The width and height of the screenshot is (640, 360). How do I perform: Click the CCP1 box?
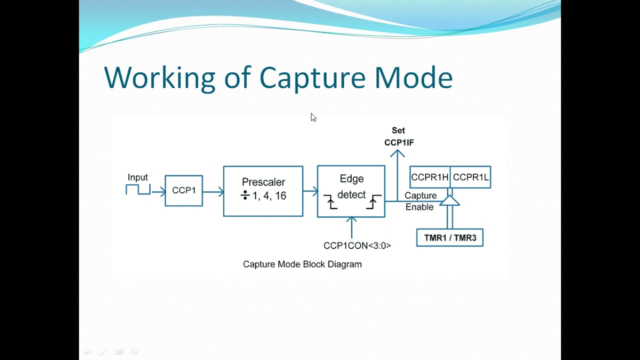(x=183, y=190)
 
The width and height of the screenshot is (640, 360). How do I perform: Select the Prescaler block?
(x=263, y=191)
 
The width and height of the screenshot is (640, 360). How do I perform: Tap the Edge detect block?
(x=351, y=191)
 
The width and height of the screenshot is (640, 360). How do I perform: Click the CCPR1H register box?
(x=429, y=177)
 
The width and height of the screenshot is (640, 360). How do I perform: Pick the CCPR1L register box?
(x=470, y=177)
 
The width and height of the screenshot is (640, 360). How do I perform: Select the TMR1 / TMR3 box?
(x=449, y=237)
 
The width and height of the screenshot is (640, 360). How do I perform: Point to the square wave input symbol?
(x=137, y=189)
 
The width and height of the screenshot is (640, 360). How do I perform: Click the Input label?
(x=137, y=177)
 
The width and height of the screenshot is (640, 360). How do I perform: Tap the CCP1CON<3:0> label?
(x=357, y=245)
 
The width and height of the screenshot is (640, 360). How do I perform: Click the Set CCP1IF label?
(x=398, y=136)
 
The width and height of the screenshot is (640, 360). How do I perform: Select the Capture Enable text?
(x=420, y=201)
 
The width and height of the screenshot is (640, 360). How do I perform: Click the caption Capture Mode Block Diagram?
(x=302, y=264)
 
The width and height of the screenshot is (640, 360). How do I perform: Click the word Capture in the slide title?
(x=312, y=78)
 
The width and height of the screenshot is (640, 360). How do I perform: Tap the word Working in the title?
(x=159, y=78)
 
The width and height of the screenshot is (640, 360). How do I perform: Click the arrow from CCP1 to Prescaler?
(x=213, y=191)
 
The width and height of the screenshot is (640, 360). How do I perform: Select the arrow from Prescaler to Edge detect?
(x=310, y=190)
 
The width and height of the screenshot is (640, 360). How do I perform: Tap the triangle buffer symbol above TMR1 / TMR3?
(x=449, y=200)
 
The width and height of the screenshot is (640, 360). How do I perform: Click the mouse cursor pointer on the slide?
(x=313, y=117)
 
